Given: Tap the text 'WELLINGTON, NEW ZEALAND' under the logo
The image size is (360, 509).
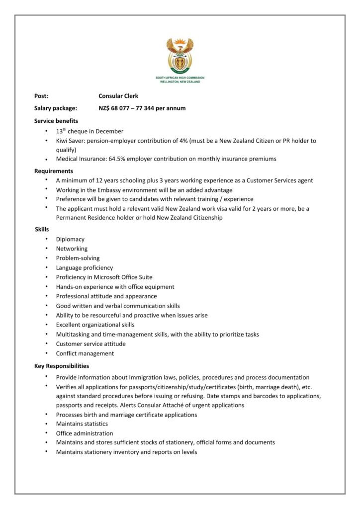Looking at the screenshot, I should tap(180, 82).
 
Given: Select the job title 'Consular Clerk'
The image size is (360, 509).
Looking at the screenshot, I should tap(118, 96).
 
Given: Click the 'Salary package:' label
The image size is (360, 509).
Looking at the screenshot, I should tap(56, 108).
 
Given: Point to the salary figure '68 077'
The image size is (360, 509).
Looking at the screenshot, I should tap(122, 108).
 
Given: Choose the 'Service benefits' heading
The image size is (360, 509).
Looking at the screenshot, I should tap(56, 120).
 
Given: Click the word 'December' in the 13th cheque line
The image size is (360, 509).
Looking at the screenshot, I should tap(111, 131).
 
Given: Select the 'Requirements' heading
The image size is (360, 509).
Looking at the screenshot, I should tap(54, 171).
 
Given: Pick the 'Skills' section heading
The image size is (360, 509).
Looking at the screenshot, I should tap(42, 229).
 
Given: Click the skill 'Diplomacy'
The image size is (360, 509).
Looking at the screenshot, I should tap(70, 239).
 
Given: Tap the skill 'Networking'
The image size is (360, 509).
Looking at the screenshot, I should tap(72, 249).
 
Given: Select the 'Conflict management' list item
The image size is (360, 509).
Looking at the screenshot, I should tap(85, 353).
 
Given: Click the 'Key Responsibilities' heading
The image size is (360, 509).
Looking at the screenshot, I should tap(62, 366).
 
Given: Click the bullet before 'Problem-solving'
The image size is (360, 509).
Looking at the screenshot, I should tap(46, 258).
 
